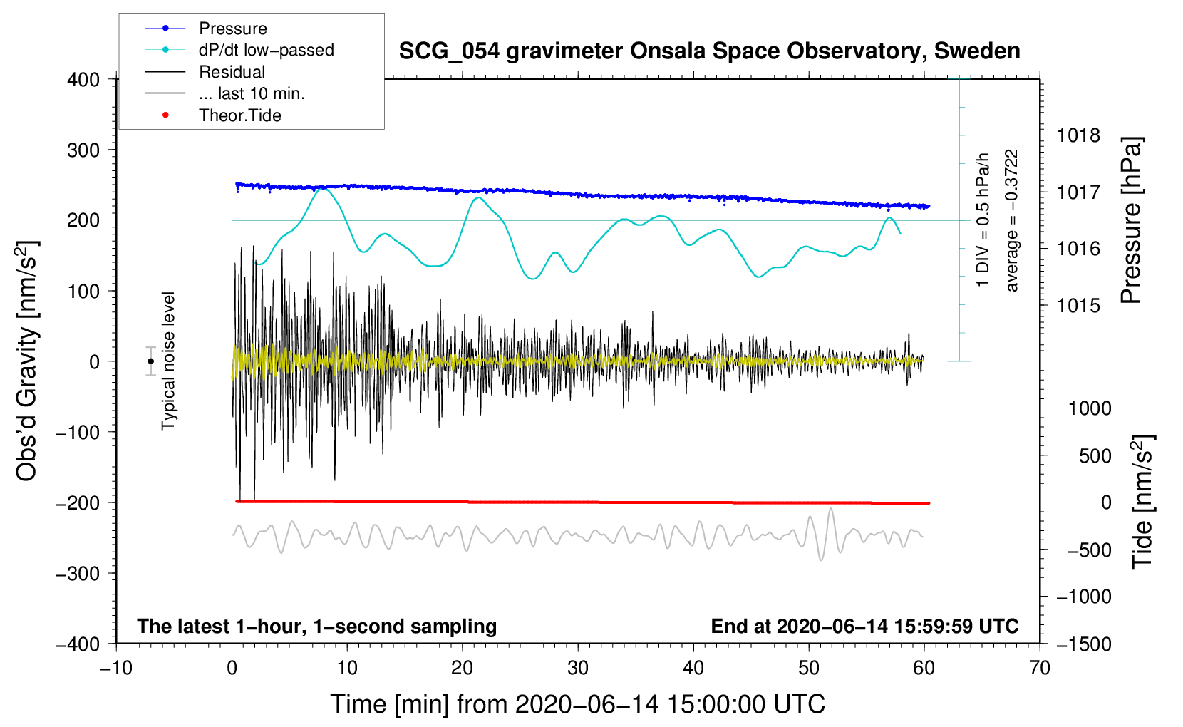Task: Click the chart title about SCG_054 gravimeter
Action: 709,51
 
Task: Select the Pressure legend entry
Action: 232,29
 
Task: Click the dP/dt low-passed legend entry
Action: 266,50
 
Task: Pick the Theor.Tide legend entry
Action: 239,115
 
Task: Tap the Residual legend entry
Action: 232,72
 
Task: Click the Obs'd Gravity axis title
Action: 27,361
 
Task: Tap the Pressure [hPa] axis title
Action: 1131,220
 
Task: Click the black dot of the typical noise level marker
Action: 151,361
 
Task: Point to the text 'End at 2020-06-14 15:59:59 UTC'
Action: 864,627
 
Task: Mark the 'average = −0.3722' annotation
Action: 1012,220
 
